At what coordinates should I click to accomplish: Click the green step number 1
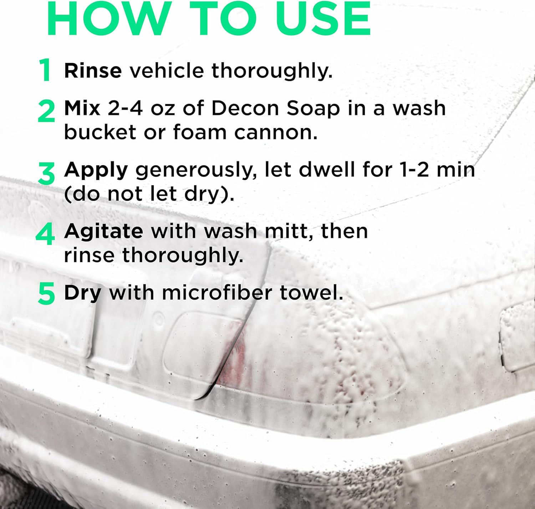point(45,70)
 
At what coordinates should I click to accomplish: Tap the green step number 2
point(46,111)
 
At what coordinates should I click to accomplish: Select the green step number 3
point(46,173)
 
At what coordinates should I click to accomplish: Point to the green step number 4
point(45,234)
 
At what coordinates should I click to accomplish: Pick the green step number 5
point(46,294)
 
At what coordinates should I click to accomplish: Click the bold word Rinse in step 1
point(93,71)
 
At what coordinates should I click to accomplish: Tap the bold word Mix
point(82,108)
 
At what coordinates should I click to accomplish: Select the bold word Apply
point(96,170)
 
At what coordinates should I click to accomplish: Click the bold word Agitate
point(103,232)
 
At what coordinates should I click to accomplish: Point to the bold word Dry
point(82,293)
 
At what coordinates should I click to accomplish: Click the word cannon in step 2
point(276,133)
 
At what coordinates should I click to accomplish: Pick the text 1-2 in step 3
point(414,170)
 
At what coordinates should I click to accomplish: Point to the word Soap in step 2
point(313,109)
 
